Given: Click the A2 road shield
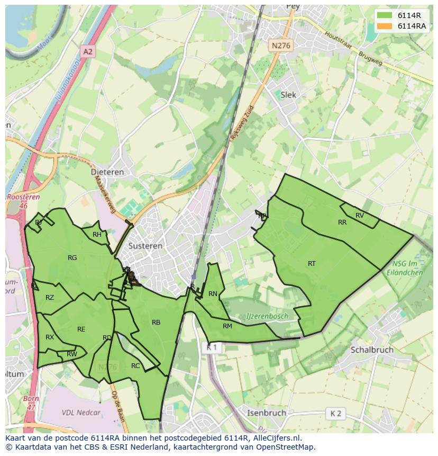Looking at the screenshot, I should coord(88,51).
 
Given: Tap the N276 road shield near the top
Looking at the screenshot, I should coord(281,46).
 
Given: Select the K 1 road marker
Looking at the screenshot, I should coord(212,348).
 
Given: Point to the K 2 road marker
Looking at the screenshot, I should coord(335,413).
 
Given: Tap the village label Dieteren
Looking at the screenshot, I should coord(107,172).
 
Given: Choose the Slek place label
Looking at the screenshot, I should coord(288,95).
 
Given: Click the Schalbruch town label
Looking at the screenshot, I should coord(372,350).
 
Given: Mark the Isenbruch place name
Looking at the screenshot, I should coord(267,413).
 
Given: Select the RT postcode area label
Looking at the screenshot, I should coord(312,263).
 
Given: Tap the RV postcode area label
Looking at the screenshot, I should coord(360,216).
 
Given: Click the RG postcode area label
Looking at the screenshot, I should coord(72,258).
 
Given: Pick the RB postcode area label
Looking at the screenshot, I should coord(156,322).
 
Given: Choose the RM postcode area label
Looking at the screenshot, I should coord(227,326).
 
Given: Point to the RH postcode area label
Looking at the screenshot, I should coord(97,235).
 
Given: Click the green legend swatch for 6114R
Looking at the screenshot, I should coord(385,15).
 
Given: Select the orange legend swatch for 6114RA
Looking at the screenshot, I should coord(385,26).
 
